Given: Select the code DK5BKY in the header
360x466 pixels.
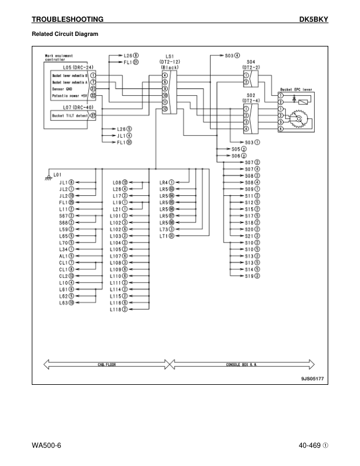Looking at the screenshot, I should point(314,20).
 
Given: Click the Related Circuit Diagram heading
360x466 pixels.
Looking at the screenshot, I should point(65,34).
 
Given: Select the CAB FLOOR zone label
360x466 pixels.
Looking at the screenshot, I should point(106,364).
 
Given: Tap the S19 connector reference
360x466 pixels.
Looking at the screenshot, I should point(252,276).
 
